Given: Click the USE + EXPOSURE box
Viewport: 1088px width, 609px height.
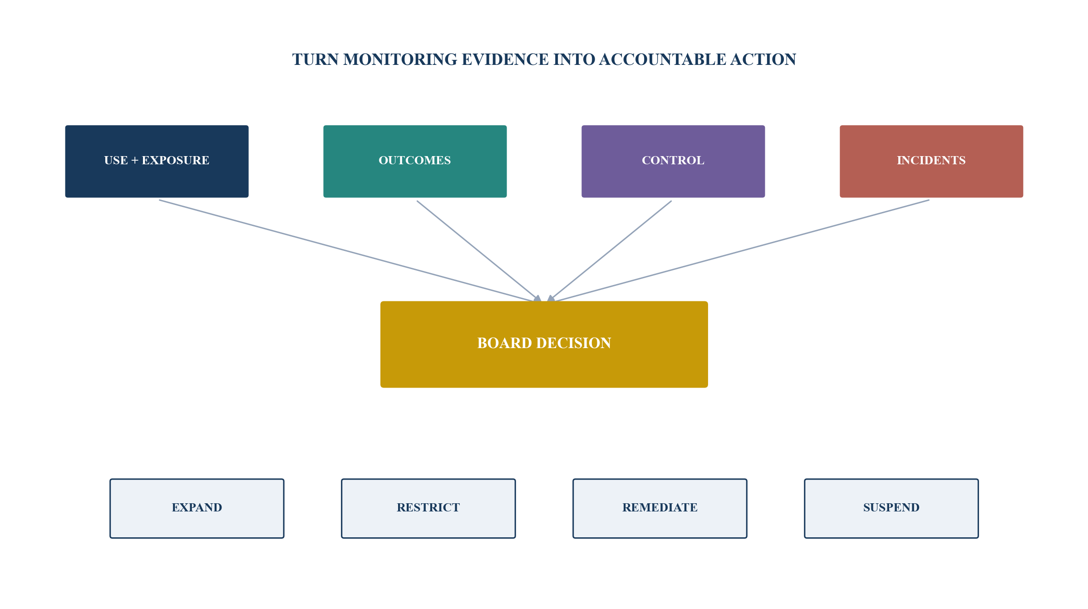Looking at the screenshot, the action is (157, 161).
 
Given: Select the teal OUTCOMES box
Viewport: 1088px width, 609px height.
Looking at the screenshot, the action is (415, 161).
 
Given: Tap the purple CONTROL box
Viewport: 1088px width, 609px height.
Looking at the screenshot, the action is (673, 161).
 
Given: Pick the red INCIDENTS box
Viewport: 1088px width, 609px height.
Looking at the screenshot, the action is (931, 161).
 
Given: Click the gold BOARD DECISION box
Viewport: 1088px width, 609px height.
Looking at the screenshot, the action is (544, 344).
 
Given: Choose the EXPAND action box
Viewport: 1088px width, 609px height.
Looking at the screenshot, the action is (197, 508).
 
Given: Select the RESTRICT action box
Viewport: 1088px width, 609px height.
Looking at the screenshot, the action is (428, 508).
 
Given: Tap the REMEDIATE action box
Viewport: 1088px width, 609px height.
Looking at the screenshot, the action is (660, 508).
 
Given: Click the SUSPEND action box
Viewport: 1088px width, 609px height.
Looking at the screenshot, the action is (891, 508).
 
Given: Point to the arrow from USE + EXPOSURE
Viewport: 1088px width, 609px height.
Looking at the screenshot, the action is (350, 251).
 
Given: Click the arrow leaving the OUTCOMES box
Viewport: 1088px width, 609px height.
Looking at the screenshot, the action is (479, 251).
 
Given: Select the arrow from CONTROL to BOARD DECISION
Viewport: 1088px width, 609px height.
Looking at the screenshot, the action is (609, 251).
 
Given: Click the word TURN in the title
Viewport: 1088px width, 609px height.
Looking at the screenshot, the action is (315, 59).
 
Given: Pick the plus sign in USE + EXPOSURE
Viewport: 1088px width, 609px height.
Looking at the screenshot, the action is (134, 161).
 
